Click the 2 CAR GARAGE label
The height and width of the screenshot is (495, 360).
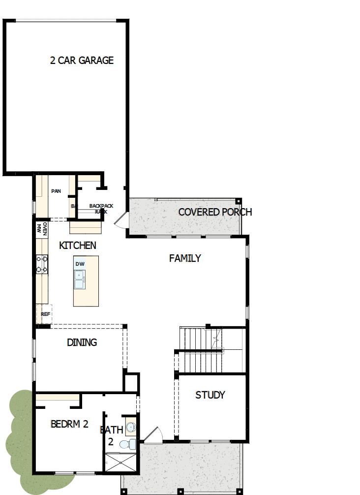tap(82, 61)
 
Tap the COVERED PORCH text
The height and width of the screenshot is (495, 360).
tap(215, 212)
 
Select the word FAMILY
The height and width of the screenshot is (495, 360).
tap(185, 258)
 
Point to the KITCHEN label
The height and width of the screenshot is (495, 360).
tap(78, 245)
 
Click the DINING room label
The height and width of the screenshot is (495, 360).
tap(82, 342)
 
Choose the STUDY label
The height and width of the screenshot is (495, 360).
tap(210, 395)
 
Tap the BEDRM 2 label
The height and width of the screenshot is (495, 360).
tap(69, 424)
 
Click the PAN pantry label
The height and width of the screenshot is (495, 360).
tap(56, 191)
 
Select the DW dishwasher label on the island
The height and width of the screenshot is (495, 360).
tap(80, 264)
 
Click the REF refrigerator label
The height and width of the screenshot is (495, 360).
tap(45, 313)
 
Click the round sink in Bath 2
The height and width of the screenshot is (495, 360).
tap(131, 427)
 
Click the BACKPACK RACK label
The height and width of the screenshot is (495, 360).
tap(101, 209)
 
